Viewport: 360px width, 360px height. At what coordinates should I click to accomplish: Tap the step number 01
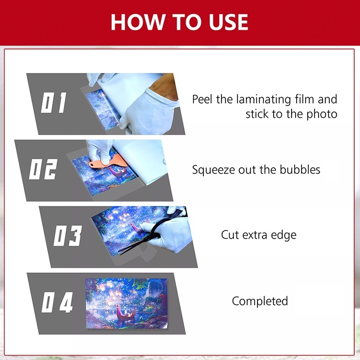54,103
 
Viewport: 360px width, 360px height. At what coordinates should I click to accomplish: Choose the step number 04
57,303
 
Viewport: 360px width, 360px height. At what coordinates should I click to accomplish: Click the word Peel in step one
203,99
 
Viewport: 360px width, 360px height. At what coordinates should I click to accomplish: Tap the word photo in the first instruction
322,114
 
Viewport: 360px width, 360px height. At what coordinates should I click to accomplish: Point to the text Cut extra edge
258,235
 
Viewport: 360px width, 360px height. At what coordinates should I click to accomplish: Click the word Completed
260,301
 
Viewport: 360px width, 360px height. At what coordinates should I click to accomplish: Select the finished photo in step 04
130,303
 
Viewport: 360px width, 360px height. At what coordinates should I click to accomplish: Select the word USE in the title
225,22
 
